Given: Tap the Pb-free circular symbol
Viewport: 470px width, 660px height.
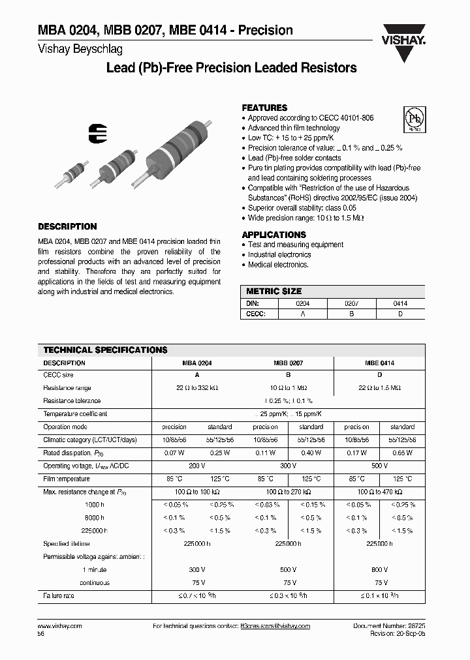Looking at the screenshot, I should click(x=413, y=119).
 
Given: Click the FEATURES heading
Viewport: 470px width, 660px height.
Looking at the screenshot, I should click(x=264, y=108).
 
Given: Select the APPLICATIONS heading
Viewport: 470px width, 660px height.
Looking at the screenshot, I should click(x=274, y=234).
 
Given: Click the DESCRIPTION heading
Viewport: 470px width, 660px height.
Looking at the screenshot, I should click(x=67, y=226).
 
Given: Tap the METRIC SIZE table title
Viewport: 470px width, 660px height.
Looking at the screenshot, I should click(x=274, y=292).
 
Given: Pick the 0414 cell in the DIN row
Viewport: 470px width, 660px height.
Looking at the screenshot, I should click(x=400, y=303).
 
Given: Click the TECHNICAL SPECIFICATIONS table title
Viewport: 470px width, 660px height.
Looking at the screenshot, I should click(x=105, y=350).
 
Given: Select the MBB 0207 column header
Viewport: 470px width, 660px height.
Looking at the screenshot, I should click(x=288, y=363).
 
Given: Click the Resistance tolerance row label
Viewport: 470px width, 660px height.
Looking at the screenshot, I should click(x=72, y=400).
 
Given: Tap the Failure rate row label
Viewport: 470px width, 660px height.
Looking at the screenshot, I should click(x=60, y=595).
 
